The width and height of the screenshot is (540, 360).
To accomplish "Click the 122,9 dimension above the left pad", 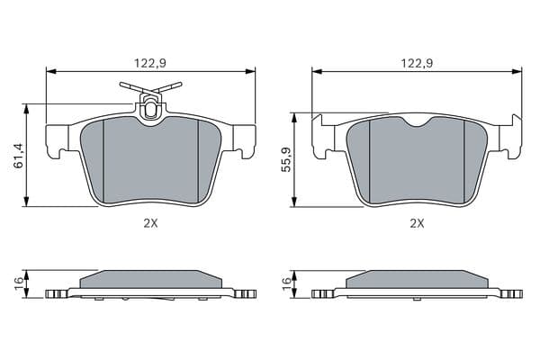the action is click(x=150, y=63).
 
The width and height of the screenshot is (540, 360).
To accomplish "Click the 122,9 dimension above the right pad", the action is click(x=417, y=63).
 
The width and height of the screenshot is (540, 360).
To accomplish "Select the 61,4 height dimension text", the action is click(x=18, y=156).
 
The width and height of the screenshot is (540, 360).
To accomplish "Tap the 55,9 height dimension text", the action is click(x=286, y=159).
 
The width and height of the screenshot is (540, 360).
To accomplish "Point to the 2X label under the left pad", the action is click(x=150, y=223).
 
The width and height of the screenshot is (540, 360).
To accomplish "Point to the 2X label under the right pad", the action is click(x=417, y=223).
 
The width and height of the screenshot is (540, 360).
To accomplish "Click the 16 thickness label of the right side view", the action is click(x=286, y=283).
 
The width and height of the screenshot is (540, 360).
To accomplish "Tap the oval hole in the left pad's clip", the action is click(x=150, y=109).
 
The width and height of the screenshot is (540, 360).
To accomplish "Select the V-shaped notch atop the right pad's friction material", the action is click(x=417, y=121).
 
